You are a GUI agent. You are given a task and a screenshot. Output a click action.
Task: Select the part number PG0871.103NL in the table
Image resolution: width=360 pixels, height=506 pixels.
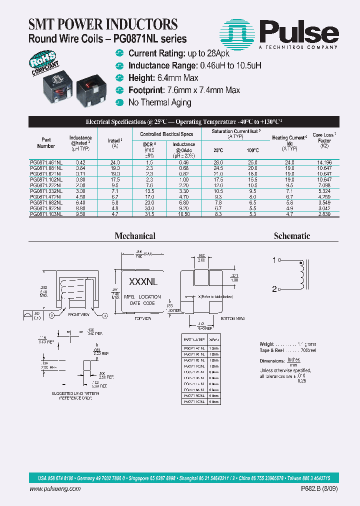point(46,213)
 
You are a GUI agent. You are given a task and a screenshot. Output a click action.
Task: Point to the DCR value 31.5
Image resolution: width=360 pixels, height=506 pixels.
point(149,213)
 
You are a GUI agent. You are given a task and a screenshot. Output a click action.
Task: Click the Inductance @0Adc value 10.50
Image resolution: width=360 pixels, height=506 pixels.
point(183,213)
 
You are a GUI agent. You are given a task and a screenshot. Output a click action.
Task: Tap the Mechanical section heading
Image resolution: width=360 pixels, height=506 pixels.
point(135,236)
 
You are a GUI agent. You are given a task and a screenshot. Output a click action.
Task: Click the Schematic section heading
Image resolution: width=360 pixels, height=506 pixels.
point(292,236)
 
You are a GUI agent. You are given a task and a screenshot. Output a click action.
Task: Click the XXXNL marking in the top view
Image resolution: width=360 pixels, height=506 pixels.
point(143,282)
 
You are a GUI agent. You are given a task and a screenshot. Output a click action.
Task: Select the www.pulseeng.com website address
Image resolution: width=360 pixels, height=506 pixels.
point(59,489)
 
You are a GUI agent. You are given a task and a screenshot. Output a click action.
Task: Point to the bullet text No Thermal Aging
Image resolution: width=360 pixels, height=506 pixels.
point(159,102)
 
